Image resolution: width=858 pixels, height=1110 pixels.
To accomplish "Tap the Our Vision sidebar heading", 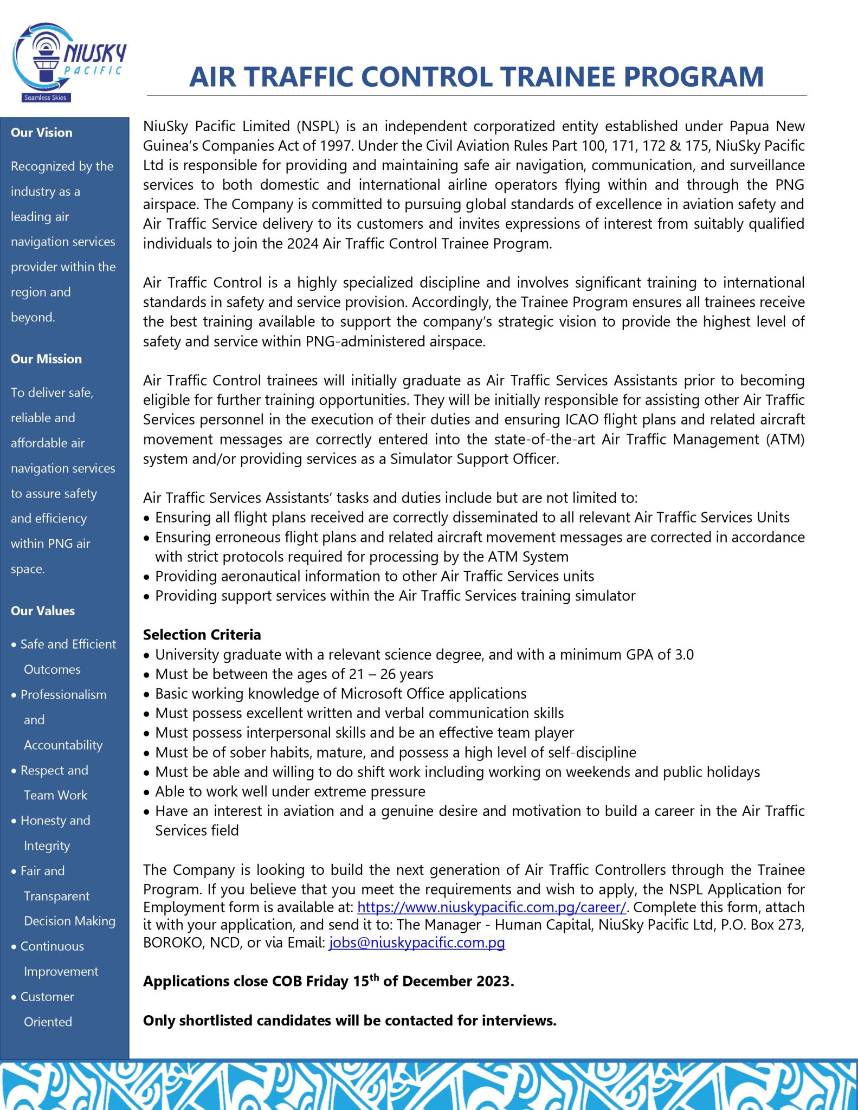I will click(x=41, y=133).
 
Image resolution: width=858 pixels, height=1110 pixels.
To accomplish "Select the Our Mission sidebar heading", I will click(x=46, y=359).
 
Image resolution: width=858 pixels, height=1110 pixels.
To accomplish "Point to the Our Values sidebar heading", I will click(x=43, y=611).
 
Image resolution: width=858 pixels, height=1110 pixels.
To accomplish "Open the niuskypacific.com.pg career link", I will click(x=491, y=907).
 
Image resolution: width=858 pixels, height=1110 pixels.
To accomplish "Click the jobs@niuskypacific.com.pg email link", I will click(x=416, y=943).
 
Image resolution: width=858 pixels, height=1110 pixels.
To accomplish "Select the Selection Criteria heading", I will click(x=202, y=635).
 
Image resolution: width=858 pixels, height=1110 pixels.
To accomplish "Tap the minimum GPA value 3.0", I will click(x=684, y=655).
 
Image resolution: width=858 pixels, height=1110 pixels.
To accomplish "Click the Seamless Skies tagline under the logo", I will click(x=45, y=98).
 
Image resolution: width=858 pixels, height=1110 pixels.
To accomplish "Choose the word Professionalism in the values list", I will click(x=63, y=695).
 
